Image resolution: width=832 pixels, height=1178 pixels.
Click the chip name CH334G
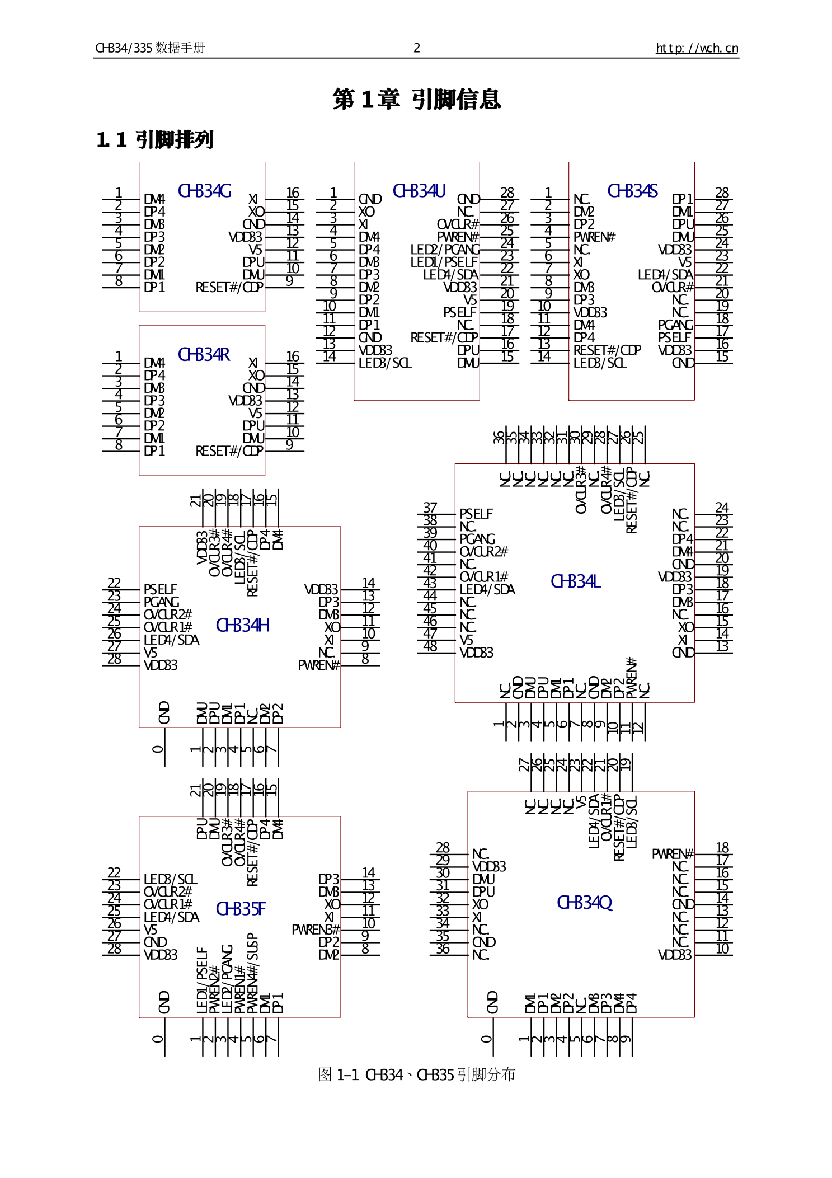[204, 191]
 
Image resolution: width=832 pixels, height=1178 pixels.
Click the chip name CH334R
[204, 355]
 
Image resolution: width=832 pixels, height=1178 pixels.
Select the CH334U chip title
[419, 191]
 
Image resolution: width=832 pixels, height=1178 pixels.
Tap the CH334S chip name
[632, 191]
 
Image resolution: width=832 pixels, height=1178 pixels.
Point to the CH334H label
[242, 626]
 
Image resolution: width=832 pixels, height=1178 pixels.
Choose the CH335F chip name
[241, 909]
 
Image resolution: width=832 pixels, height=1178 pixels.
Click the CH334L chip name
[575, 582]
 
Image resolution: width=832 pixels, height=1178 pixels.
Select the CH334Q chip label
[584, 903]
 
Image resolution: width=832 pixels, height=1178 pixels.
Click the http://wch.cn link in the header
[697, 48]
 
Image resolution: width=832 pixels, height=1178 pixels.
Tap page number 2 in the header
[416, 48]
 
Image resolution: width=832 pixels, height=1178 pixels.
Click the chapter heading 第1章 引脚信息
[416, 100]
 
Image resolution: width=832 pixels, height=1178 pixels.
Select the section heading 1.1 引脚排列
[155, 140]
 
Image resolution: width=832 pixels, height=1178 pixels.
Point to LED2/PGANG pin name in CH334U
[445, 250]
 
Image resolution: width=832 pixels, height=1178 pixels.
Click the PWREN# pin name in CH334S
[594, 237]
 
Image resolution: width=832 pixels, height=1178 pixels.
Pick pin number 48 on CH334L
[430, 646]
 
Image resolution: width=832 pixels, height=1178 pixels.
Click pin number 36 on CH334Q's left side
[443, 949]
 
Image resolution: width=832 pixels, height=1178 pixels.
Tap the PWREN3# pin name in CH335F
[315, 930]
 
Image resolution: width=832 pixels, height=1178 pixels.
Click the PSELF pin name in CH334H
[160, 590]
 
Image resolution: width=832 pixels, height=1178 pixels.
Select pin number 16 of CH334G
[293, 193]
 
